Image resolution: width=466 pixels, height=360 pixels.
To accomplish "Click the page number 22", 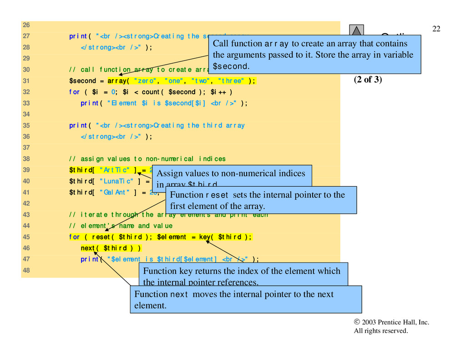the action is click(x=436, y=29).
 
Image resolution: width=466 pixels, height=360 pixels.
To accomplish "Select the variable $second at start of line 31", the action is click(x=82, y=81).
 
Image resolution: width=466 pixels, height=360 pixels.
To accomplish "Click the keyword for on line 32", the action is click(x=74, y=92).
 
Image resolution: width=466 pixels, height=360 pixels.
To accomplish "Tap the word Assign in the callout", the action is click(x=169, y=173).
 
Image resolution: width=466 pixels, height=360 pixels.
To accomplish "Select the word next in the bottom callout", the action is click(x=179, y=294).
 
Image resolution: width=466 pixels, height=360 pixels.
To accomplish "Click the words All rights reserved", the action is click(x=381, y=331).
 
